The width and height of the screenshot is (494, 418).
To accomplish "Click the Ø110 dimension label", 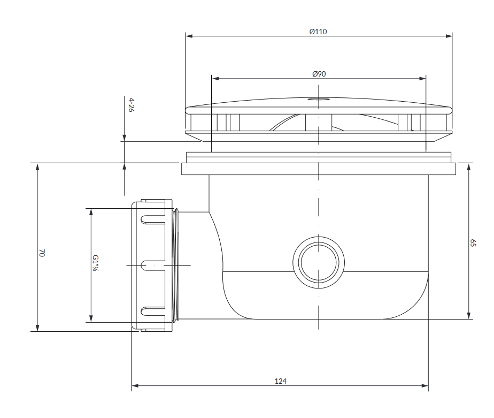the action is tap(318, 32).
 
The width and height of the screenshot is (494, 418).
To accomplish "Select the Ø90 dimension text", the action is tap(319, 74).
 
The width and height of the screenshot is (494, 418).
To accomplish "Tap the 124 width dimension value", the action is tap(280, 381).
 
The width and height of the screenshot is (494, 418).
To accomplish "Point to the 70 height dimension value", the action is tap(42, 253).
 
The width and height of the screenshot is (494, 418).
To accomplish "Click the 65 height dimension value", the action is tap(473, 243).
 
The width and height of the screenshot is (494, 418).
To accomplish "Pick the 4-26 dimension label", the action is tap(132, 105).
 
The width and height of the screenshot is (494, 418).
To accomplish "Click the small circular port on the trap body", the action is tap(319, 262).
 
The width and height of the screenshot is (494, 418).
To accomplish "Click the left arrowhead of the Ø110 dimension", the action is tap(189, 36).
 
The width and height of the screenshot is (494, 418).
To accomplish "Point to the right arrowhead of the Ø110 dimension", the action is tap(449, 36).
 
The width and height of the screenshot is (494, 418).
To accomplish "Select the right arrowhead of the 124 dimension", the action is tap(424, 385).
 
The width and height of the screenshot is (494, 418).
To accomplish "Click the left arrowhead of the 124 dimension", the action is tap(135, 385).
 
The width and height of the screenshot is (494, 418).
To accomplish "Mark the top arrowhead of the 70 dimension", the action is tap(37, 167).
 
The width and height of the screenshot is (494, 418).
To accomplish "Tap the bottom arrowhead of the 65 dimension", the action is tap(469, 315).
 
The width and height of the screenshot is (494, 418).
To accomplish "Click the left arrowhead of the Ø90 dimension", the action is tap(215, 78).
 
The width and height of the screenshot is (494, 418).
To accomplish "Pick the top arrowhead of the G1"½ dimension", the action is tap(91, 212).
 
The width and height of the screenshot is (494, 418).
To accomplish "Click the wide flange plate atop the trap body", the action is tap(319, 169).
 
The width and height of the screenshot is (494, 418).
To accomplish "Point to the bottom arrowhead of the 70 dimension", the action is tap(37, 328).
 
